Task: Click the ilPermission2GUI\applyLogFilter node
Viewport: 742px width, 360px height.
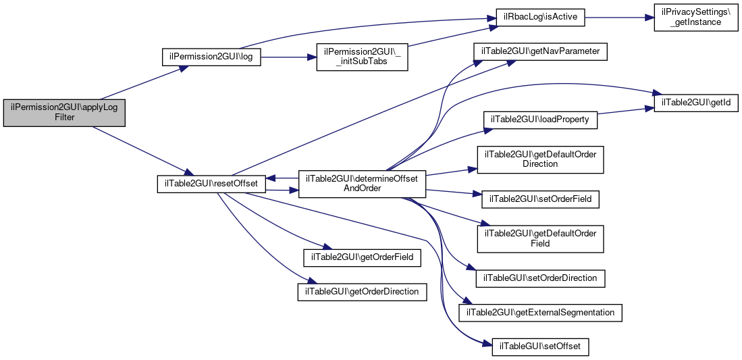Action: [64, 113]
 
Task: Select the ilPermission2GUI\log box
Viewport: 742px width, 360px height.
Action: [211, 57]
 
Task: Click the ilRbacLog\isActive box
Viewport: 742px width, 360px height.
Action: [540, 18]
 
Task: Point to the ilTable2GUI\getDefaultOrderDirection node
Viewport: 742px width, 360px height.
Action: [540, 159]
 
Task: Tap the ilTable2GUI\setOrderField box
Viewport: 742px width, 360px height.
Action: [540, 199]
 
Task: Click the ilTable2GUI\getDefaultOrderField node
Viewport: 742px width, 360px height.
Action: [540, 238]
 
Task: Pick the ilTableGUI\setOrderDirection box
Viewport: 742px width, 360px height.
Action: [540, 278]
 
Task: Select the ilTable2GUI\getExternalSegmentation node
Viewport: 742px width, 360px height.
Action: [540, 313]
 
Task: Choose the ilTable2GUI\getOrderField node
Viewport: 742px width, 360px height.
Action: [362, 257]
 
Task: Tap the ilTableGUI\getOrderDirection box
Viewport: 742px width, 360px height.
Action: [362, 292]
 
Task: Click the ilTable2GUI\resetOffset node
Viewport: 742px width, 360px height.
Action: [211, 184]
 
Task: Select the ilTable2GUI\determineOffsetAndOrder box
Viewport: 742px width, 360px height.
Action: [362, 184]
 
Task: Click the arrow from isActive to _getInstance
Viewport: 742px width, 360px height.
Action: [620, 18]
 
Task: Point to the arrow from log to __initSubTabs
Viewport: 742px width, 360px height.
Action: [289, 57]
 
